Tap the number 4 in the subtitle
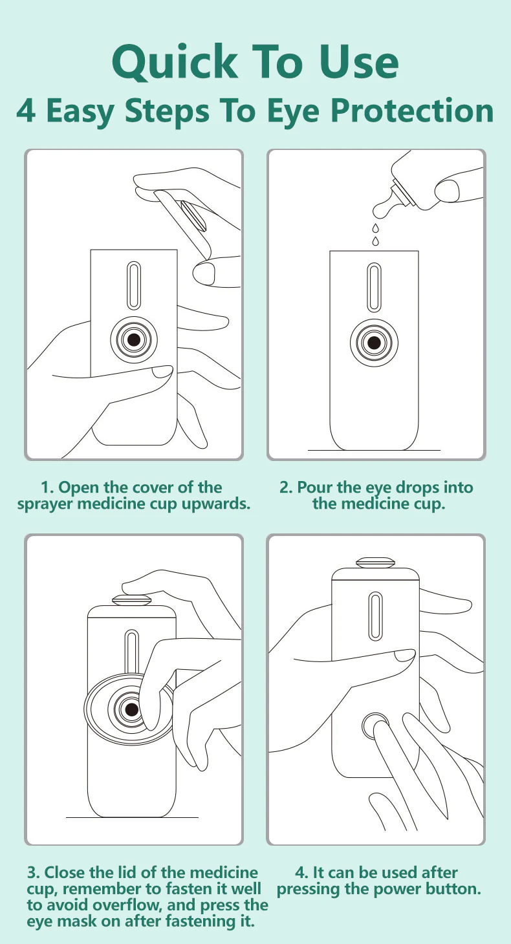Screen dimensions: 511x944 26,111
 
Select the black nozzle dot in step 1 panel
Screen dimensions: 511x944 134,339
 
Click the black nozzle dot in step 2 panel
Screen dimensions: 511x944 374,342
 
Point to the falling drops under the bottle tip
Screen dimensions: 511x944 375,234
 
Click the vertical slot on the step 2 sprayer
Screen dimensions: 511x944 374,288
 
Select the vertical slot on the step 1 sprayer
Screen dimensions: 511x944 134,285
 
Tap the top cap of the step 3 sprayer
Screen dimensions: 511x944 131,601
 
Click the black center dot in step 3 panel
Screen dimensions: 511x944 132,709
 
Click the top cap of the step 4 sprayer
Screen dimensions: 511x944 375,563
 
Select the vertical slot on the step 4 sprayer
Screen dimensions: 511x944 375,616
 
